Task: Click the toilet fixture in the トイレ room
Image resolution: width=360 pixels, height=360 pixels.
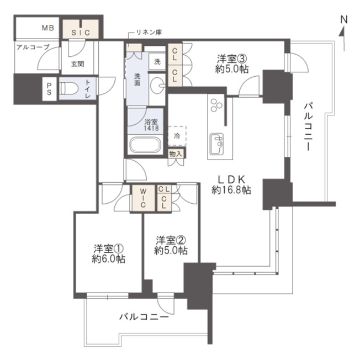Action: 69,88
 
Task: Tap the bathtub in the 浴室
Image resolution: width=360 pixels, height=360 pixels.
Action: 145,145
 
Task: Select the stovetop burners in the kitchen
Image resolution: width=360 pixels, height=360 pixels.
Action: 216,105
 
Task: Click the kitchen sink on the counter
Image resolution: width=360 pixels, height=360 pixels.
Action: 217,144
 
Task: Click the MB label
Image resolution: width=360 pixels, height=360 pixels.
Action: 48,28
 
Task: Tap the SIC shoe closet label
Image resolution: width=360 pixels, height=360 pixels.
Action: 81,33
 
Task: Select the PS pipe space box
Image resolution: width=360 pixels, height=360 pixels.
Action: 49,89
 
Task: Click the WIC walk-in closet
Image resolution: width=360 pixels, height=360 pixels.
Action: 142,198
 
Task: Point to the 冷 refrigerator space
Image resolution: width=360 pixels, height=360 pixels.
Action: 177,136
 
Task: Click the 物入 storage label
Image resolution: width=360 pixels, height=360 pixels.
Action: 176,154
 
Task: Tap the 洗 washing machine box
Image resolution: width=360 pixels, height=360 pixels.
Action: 157,61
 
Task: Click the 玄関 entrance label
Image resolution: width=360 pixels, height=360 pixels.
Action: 78,64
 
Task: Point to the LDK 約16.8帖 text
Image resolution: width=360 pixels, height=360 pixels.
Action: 231,184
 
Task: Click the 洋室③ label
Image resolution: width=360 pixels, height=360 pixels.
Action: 232,59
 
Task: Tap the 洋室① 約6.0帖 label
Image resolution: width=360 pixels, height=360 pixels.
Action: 109,253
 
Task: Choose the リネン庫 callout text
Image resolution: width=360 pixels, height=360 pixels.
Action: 149,33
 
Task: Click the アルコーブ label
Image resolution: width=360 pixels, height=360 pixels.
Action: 33,47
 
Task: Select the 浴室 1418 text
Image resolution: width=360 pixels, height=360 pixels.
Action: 151,125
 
